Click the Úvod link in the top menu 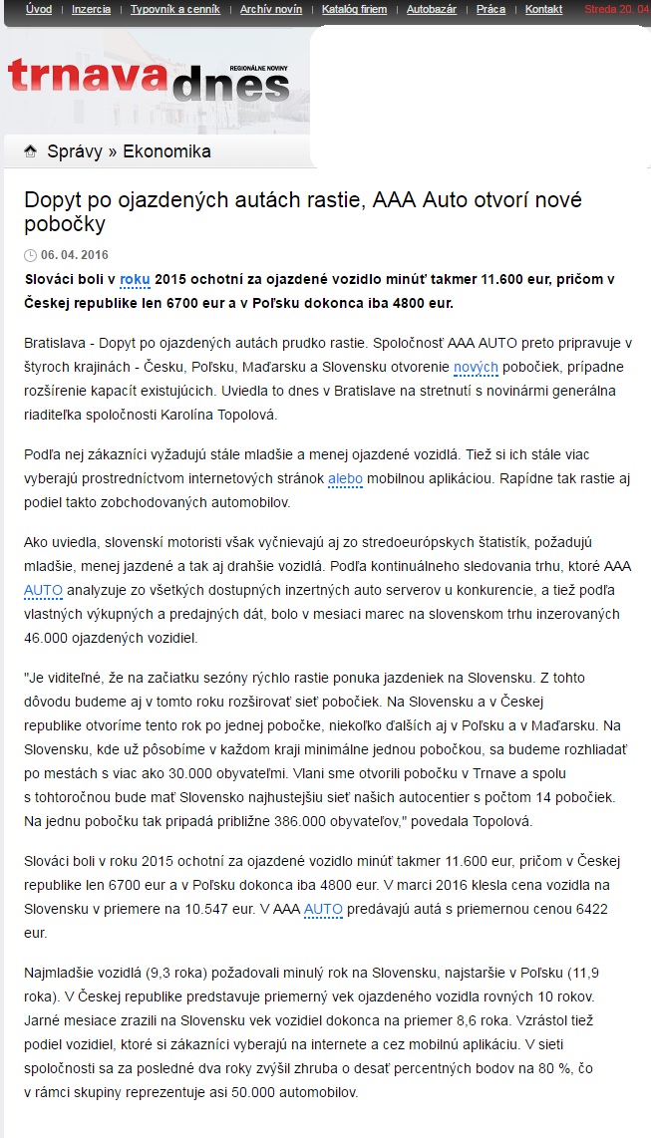(x=39, y=9)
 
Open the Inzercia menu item (x=92, y=9)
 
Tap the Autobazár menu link (x=431, y=9)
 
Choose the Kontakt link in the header (x=543, y=9)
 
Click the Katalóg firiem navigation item (x=353, y=9)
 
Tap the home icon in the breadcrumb (x=31, y=151)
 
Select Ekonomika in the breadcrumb (x=166, y=151)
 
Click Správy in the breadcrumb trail (x=75, y=151)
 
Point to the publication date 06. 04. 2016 (x=75, y=255)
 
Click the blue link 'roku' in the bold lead (x=135, y=278)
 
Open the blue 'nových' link (x=476, y=368)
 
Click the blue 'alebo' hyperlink (x=346, y=478)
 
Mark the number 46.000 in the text (x=47, y=638)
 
